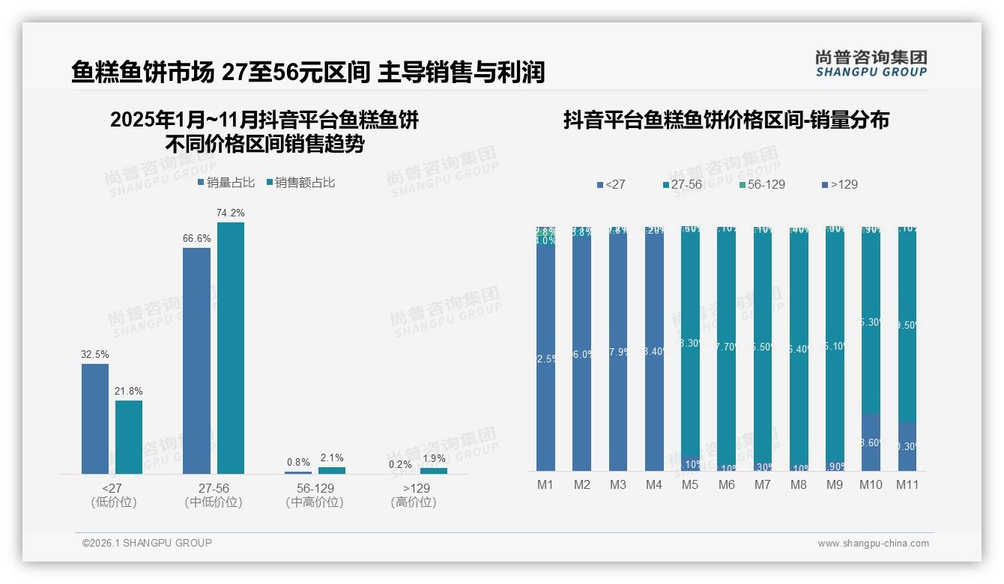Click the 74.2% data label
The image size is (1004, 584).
click(231, 213)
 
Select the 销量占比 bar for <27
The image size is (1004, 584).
click(95, 419)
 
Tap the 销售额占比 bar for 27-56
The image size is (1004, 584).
click(231, 347)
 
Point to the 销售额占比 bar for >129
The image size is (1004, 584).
click(434, 471)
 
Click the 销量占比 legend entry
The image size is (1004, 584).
click(226, 183)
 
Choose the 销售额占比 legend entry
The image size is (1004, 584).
click(301, 183)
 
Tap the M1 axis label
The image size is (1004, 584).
click(545, 484)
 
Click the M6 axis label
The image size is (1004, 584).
click(726, 484)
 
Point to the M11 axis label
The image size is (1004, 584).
click(907, 484)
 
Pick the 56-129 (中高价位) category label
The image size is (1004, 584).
click(315, 495)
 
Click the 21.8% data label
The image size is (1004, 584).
click(129, 391)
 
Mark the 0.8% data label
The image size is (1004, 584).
click(298, 463)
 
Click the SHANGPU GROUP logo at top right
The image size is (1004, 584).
click(871, 64)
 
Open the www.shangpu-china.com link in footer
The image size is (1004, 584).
click(873, 544)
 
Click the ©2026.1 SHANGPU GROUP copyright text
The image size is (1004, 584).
click(147, 543)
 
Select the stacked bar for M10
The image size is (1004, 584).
click(871, 348)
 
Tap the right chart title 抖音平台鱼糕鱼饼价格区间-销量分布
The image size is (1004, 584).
click(726, 121)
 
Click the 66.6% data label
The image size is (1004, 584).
click(196, 238)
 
